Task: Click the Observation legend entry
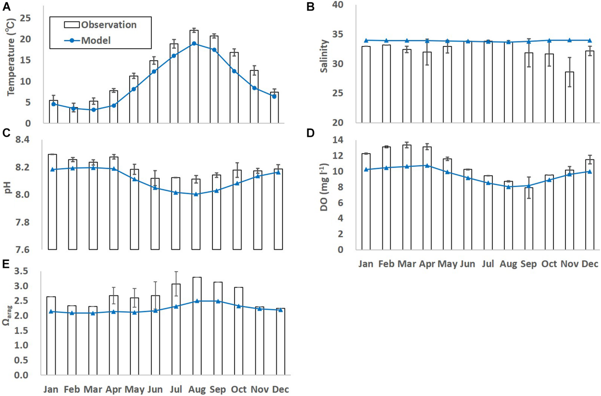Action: point(100,25)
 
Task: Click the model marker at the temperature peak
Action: point(194,43)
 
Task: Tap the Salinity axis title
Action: point(324,56)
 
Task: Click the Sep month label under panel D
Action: point(528,264)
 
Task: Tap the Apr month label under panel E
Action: point(113,390)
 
